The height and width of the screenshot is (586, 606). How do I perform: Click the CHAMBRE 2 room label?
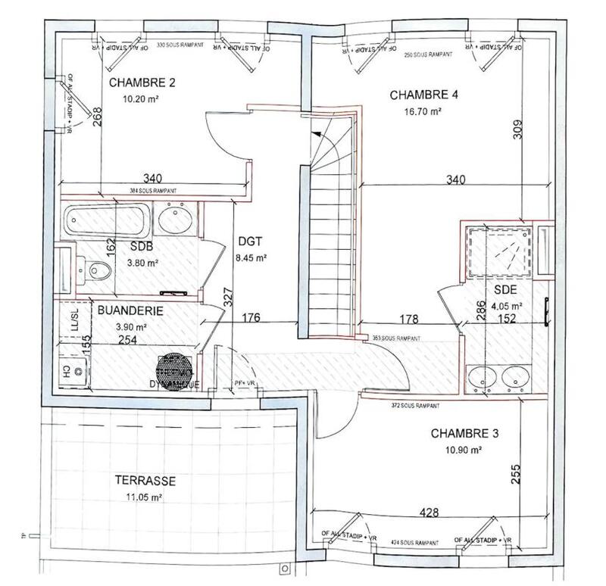(x=142, y=83)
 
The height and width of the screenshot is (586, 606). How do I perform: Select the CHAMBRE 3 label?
(x=464, y=434)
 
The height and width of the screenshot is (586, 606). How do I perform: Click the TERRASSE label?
(x=145, y=481)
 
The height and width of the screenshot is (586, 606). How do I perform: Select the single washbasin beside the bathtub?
(x=176, y=221)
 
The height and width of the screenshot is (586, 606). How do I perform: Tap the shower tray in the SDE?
(x=497, y=250)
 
